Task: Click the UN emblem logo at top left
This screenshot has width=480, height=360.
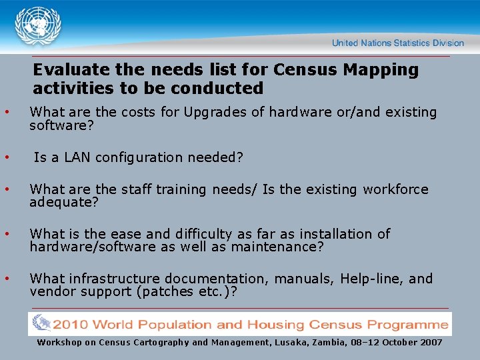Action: (39, 27)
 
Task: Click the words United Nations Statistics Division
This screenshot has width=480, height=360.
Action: (397, 43)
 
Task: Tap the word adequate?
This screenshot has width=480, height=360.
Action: (64, 203)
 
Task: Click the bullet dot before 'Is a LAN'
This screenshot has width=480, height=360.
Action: (7, 158)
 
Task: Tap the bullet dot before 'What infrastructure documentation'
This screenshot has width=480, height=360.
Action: (7, 279)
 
